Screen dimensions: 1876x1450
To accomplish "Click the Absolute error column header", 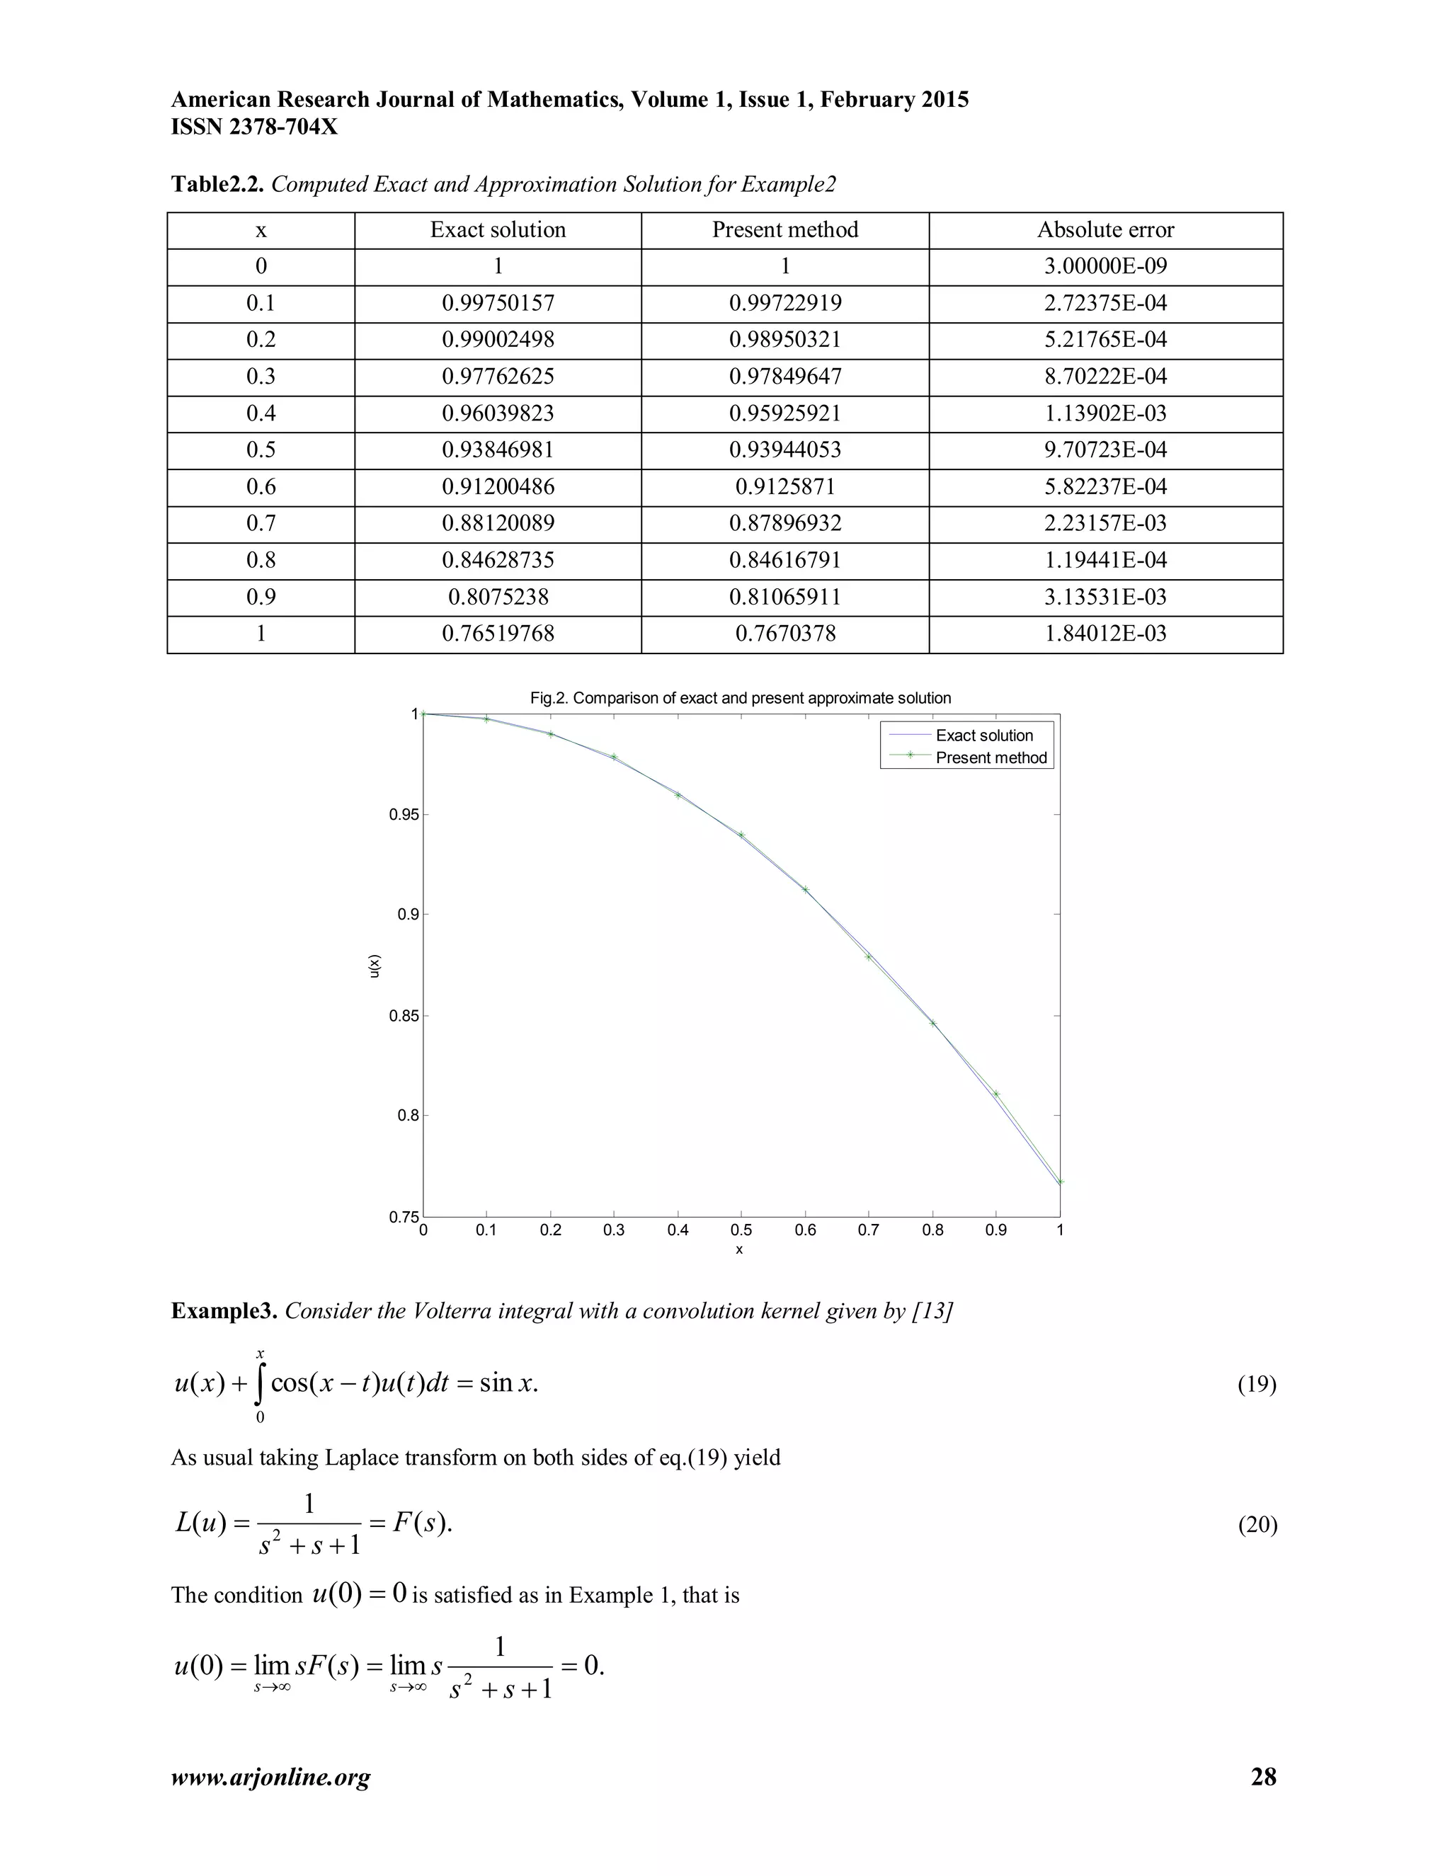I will [1104, 229].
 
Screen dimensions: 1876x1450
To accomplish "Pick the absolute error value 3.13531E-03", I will [1104, 597].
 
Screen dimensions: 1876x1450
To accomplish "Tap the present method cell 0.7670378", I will [784, 634].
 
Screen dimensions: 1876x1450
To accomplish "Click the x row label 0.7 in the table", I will [261, 523].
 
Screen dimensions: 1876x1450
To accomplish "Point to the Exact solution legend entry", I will [983, 736].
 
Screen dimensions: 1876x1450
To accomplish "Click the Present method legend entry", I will [991, 757].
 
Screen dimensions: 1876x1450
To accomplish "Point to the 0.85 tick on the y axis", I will [403, 1015].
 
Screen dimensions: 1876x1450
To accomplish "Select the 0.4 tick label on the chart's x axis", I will [677, 1230].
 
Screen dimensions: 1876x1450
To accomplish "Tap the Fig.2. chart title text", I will [740, 698].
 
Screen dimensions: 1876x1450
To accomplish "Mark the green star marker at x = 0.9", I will [996, 1094].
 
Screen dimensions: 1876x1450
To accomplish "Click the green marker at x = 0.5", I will [741, 835].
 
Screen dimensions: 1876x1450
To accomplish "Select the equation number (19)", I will [1256, 1384].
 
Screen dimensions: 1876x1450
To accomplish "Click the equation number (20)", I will [1256, 1525].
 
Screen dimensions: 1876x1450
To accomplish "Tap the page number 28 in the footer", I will [1263, 1777].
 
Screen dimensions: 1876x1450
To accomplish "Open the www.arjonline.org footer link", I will [270, 1777].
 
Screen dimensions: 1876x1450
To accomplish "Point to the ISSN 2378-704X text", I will [254, 127].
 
